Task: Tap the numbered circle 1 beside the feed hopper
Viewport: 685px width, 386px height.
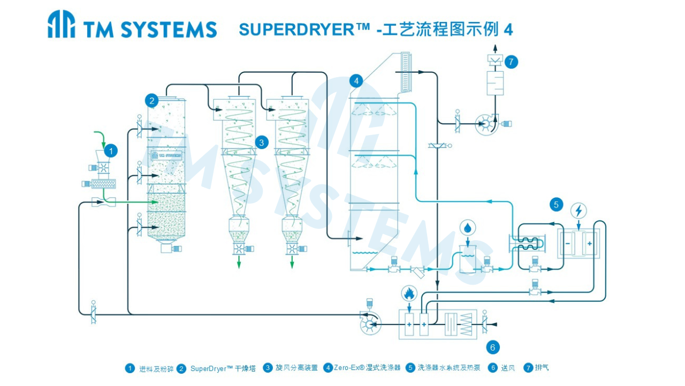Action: pos(110,151)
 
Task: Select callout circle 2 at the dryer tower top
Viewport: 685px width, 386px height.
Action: pos(153,100)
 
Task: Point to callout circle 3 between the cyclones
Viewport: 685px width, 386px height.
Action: pos(262,142)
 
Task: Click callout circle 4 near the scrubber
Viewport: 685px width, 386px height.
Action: pos(356,81)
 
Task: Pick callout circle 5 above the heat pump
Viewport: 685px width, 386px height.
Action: pos(557,204)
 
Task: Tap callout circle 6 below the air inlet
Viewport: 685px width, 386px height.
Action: pos(493,347)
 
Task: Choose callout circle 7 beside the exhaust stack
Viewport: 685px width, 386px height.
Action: pos(511,62)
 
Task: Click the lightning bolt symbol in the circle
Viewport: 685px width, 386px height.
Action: pos(579,210)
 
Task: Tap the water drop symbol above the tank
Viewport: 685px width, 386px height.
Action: pos(468,228)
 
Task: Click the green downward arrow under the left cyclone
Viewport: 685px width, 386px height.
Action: pos(239,262)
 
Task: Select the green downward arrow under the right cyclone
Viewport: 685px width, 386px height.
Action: pos(292,262)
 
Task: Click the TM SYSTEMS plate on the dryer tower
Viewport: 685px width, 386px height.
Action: pos(166,155)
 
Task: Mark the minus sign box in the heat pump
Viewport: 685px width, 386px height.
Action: pos(568,243)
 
